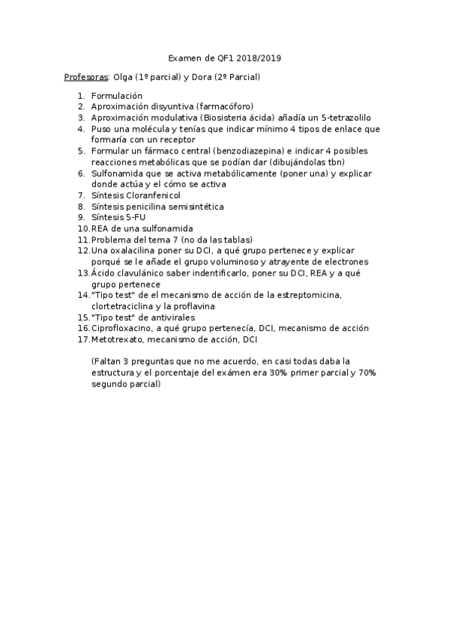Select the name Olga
124,77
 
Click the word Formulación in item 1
116,96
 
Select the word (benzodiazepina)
250,151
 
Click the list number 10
83,228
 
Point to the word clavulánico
145,273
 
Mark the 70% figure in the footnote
367,372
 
